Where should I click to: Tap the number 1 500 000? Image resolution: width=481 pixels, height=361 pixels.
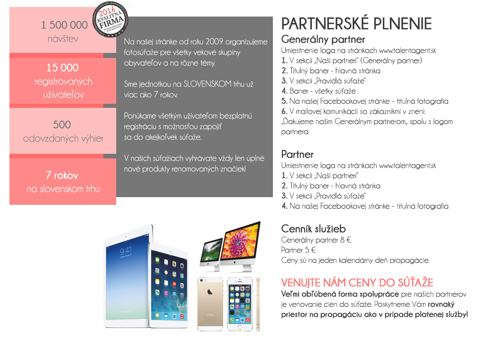pyautogui.click(x=64, y=25)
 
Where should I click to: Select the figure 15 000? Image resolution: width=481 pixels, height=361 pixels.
pyautogui.click(x=62, y=68)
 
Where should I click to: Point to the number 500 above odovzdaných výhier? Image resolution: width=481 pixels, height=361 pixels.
pyautogui.click(x=62, y=125)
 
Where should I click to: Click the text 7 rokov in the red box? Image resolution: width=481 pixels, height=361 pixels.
pyautogui.click(x=62, y=176)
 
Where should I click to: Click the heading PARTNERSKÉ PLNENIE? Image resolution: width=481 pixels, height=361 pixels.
pyautogui.click(x=356, y=24)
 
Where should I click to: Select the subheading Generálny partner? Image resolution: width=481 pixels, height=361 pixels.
pyautogui.click(x=323, y=39)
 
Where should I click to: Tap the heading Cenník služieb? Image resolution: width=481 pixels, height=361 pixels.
pyautogui.click(x=313, y=229)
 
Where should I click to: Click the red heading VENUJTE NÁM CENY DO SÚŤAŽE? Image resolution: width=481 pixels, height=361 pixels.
pyautogui.click(x=357, y=283)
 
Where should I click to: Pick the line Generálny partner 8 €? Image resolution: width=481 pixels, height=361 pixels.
pyautogui.click(x=316, y=240)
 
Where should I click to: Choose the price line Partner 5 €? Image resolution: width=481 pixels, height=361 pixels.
pyautogui.click(x=298, y=250)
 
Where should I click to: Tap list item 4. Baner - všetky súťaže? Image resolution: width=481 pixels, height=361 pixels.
pyautogui.click(x=318, y=91)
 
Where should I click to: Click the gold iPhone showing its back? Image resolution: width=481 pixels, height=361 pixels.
pyautogui.click(x=210, y=303)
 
